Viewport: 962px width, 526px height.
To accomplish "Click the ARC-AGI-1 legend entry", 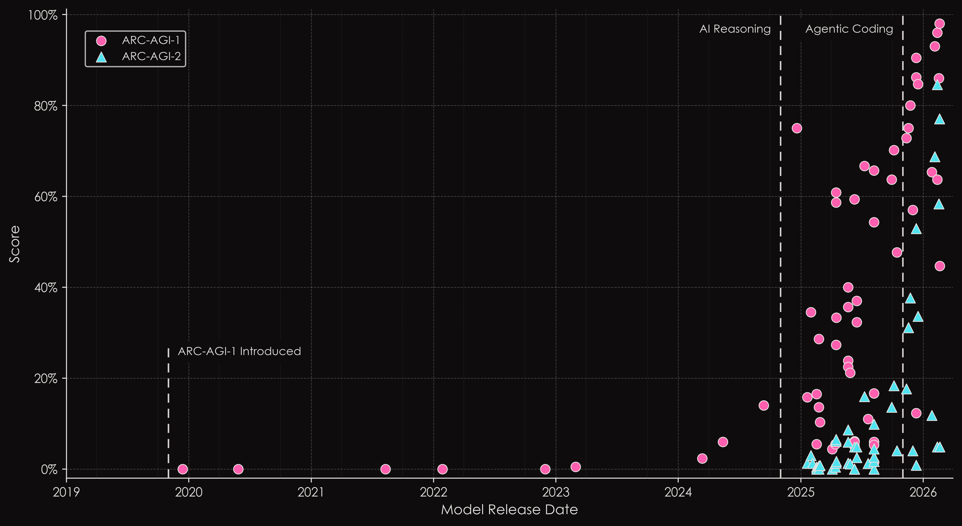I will point(150,40).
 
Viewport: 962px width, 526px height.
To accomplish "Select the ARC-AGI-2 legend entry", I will point(151,57).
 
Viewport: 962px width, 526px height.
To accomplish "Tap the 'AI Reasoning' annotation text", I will point(735,29).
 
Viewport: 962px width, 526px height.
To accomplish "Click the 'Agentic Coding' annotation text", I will point(849,29).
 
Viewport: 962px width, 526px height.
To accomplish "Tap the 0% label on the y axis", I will point(49,469).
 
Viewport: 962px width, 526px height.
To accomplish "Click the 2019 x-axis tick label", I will point(66,492).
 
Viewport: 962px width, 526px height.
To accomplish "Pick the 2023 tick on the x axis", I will point(556,492).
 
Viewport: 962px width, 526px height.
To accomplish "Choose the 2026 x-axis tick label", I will point(923,492).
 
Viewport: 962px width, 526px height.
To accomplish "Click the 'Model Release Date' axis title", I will point(509,510).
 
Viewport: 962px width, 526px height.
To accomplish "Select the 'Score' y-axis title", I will point(15,244).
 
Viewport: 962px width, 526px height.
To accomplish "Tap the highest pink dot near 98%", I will point(939,24).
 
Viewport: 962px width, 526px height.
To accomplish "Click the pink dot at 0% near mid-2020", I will point(238,469).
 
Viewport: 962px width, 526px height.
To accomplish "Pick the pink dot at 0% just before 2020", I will point(183,469).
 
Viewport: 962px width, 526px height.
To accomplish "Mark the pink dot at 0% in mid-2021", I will point(385,469).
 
